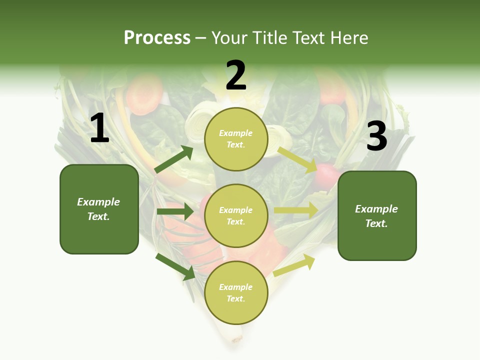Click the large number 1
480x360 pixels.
(x=99, y=128)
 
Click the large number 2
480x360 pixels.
(x=236, y=76)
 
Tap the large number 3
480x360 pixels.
(x=376, y=136)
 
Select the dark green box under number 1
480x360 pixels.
(x=99, y=209)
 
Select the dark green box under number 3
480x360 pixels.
(x=377, y=216)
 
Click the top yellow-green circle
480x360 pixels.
(x=236, y=139)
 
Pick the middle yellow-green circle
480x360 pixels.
(x=236, y=216)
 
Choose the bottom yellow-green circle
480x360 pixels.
(x=236, y=293)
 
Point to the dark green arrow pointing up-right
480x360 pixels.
(x=173, y=159)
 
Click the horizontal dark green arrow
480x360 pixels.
(x=175, y=211)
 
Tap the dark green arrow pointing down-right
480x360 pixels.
(x=175, y=266)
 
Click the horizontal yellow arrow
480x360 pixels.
(x=296, y=210)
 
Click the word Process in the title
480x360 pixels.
(x=157, y=37)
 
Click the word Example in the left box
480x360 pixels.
(x=98, y=202)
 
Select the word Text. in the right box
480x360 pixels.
(x=376, y=223)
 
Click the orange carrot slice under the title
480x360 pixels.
(x=144, y=91)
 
